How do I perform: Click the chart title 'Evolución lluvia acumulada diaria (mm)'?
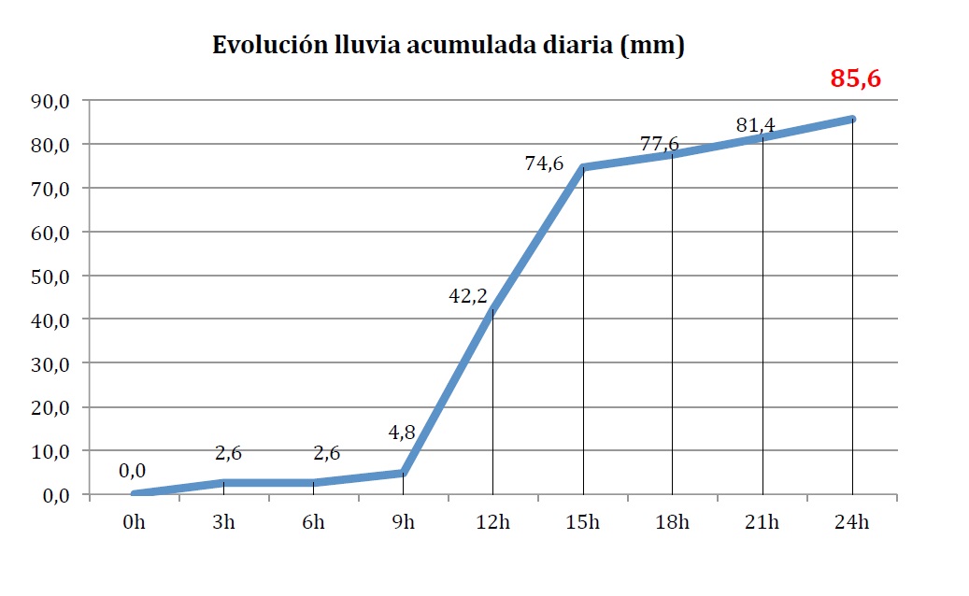click(x=449, y=46)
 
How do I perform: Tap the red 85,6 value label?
click(x=856, y=78)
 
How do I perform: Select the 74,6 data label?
click(x=544, y=163)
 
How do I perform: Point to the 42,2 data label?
click(x=467, y=296)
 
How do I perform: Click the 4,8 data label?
click(x=402, y=433)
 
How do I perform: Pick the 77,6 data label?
click(x=660, y=144)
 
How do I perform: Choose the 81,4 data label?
click(x=755, y=124)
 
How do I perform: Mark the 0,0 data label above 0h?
click(x=133, y=470)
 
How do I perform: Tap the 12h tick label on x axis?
click(x=492, y=522)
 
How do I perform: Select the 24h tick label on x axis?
click(x=851, y=522)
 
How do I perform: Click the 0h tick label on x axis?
click(x=134, y=522)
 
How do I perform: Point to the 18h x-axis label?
click(x=672, y=522)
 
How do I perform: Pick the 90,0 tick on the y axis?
click(x=51, y=101)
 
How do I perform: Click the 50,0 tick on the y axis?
click(x=51, y=277)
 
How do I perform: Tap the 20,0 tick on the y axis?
click(x=51, y=407)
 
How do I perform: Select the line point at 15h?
click(x=583, y=167)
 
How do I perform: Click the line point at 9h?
click(x=403, y=473)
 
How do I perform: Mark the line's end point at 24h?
click(x=852, y=119)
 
